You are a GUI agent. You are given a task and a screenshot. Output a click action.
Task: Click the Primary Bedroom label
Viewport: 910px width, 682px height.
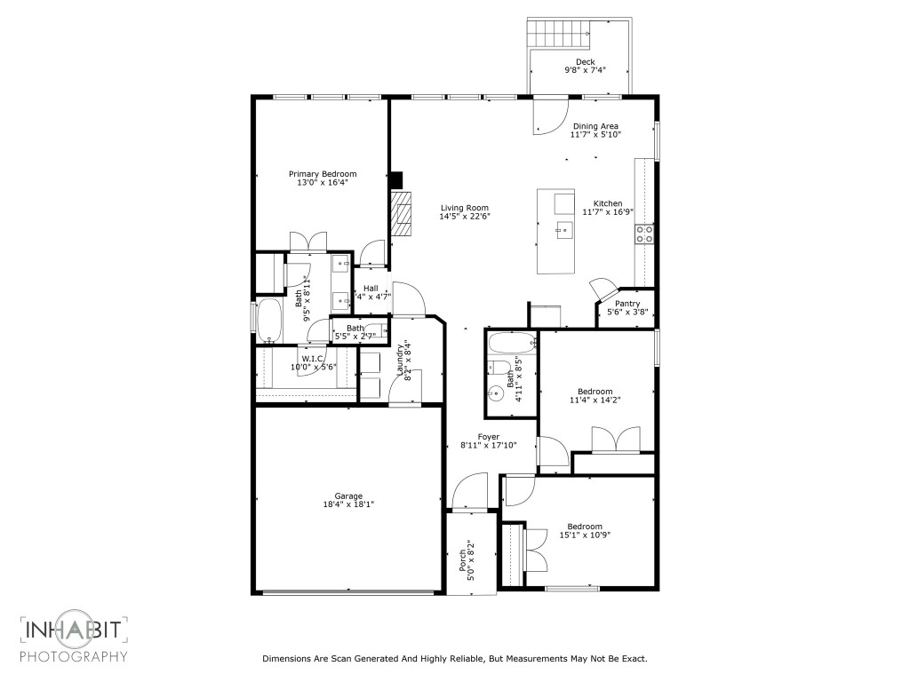(x=323, y=174)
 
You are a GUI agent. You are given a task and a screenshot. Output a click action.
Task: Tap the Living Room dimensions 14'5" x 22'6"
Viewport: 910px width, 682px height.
(x=465, y=217)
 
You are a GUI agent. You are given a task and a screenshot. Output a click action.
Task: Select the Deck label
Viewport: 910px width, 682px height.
(x=585, y=61)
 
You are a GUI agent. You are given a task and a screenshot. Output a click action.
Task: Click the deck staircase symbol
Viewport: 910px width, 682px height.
(x=560, y=35)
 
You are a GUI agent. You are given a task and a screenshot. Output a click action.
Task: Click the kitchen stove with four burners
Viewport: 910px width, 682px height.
(x=644, y=234)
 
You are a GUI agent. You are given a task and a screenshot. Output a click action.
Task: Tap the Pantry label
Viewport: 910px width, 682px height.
(x=627, y=304)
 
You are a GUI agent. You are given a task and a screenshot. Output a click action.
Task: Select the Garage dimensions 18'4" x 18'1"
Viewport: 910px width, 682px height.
(x=348, y=504)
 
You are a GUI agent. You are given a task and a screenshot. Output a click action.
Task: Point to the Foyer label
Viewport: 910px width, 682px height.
(x=489, y=436)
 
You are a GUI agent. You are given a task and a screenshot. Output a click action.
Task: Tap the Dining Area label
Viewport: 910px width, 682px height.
(x=595, y=126)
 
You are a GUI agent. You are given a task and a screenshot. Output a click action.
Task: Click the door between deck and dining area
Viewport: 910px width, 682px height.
(x=547, y=115)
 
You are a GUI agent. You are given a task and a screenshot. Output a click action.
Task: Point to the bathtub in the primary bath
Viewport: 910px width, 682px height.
(x=269, y=321)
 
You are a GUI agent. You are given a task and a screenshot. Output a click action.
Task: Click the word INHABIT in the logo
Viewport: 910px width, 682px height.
(x=75, y=632)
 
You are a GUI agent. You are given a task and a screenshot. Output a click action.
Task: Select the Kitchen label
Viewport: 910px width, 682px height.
(x=608, y=203)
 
